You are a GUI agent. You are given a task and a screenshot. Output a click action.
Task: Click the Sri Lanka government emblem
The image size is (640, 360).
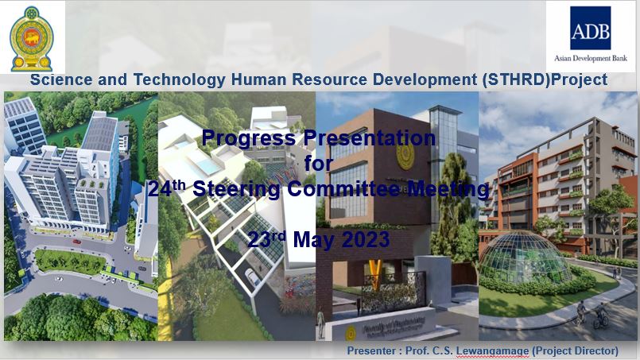[x=32, y=38]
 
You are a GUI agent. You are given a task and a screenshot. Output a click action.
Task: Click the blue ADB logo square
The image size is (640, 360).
[x=590, y=28]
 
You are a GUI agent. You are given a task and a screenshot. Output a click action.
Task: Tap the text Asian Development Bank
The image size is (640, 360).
[x=591, y=58]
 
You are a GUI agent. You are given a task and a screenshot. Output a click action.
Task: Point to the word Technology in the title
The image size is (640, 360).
[x=179, y=80]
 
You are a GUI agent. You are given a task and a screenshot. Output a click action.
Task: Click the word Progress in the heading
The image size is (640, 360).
[x=249, y=137]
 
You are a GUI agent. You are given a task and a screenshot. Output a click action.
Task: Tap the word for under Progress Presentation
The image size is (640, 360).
[x=318, y=163]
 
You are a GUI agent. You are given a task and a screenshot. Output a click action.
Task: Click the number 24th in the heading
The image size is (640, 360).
[x=166, y=188]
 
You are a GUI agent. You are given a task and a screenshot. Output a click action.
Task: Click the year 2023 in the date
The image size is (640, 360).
[x=365, y=239]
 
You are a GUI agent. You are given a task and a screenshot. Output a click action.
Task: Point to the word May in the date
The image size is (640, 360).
[x=312, y=241]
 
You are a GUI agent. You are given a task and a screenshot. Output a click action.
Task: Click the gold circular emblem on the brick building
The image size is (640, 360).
[x=405, y=156]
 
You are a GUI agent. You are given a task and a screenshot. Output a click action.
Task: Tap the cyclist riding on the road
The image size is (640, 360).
[x=600, y=315]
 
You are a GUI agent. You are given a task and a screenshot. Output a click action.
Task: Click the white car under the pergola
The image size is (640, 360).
[x=252, y=277]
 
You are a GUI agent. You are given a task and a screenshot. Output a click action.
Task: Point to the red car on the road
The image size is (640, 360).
[x=76, y=242]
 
